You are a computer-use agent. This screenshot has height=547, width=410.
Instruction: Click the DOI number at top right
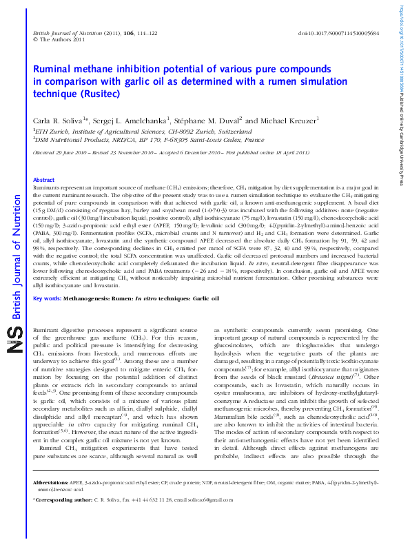click(x=342, y=34)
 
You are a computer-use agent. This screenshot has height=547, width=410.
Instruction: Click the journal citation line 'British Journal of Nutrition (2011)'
click(x=68, y=34)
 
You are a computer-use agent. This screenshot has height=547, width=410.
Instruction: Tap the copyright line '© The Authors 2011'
click(x=59, y=40)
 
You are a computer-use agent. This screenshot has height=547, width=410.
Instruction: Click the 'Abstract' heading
click(x=44, y=180)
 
